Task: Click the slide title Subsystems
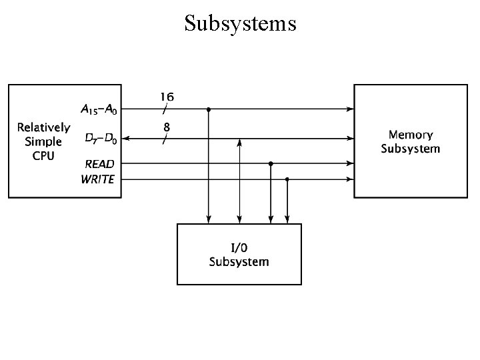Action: point(240,23)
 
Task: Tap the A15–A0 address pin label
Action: point(99,109)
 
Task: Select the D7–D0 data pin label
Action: point(101,139)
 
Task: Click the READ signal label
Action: point(99,164)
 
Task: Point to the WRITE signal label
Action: point(97,179)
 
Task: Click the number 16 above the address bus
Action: point(167,97)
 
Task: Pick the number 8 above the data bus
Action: point(167,127)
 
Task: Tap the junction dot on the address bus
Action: point(209,109)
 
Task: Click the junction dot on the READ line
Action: point(271,164)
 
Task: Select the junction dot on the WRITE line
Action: point(287,179)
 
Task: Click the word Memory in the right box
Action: point(411,135)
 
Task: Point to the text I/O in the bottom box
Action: point(239,247)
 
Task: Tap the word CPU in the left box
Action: point(43,156)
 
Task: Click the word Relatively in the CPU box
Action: point(44,127)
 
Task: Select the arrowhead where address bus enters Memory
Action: point(350,109)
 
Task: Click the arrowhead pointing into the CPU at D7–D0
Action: point(125,139)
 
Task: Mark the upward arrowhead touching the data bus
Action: point(239,143)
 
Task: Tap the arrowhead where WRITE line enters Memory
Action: point(350,179)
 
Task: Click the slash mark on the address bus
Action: point(165,109)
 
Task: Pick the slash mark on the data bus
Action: point(165,139)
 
